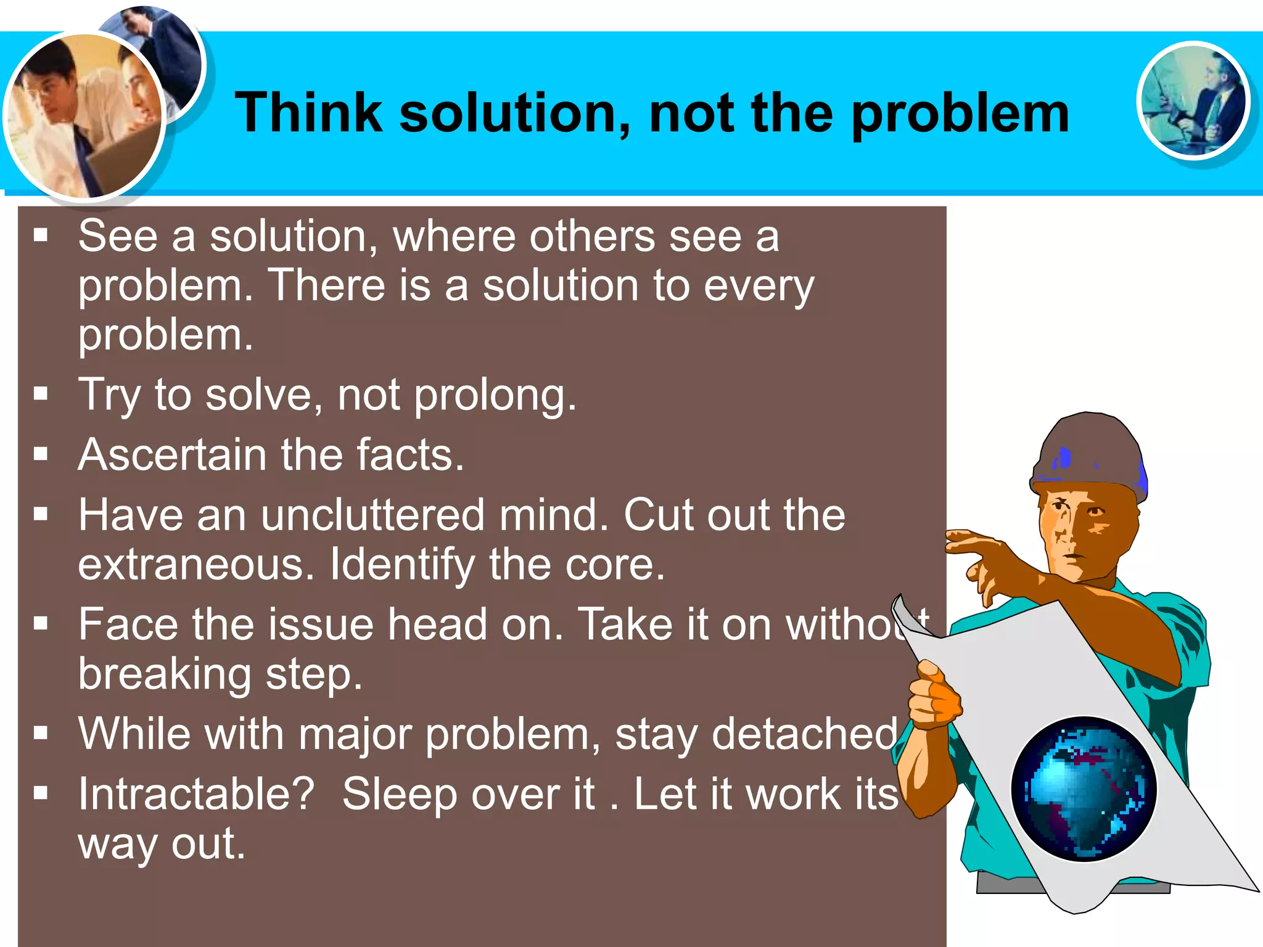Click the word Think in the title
(308, 112)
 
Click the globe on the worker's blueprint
(1084, 789)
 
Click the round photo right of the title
(1193, 100)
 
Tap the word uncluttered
(372, 515)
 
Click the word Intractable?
(197, 794)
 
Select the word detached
(805, 734)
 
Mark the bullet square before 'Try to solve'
(41, 393)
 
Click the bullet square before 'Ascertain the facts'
(41, 454)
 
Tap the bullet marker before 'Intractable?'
(41, 793)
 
